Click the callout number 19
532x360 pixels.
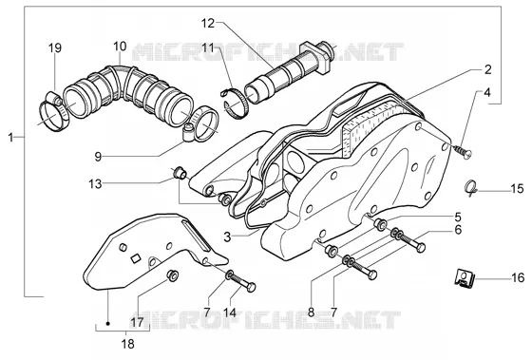55,48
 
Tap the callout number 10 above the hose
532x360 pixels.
120,47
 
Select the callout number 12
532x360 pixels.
208,24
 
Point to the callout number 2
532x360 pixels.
487,69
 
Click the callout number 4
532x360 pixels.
487,92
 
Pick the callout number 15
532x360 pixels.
517,188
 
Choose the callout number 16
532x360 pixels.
518,278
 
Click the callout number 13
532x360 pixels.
95,184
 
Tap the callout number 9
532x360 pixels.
98,157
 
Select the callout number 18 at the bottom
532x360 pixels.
127,344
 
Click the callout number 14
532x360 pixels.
230,313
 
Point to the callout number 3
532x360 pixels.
227,237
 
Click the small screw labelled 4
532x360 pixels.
464,151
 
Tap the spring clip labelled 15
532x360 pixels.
470,188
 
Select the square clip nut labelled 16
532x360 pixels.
465,277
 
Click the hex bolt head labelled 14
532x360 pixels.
251,288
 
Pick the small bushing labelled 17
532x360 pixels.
172,275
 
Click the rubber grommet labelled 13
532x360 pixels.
180,174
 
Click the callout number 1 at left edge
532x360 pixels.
10,138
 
